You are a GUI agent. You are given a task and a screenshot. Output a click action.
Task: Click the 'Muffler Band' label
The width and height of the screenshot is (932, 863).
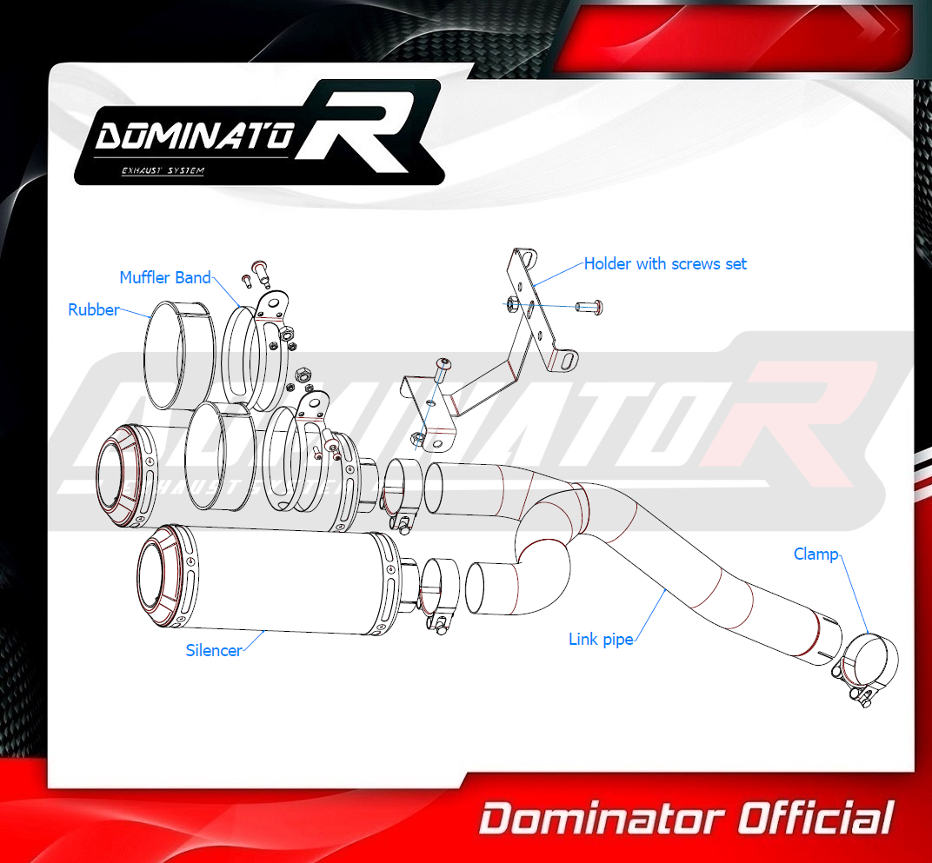coord(165,277)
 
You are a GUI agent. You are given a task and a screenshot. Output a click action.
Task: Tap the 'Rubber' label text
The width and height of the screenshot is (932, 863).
coord(93,309)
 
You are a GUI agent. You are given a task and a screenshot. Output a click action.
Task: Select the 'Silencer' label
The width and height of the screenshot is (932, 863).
coord(214,650)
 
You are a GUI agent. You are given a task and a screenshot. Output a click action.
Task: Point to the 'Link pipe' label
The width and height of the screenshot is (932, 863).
coord(601,640)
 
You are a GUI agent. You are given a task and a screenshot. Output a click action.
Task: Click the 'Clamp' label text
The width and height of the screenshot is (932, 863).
coord(816,554)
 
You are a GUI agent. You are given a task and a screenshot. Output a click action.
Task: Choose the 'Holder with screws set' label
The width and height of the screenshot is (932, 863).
coord(665,264)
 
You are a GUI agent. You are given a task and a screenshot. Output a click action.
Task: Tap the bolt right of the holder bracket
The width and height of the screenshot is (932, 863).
coord(589,307)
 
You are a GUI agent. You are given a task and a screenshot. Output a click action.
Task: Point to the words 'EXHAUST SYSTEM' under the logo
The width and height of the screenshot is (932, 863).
coord(163,170)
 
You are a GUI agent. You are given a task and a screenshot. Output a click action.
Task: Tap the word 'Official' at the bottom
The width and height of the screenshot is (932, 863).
coord(815,819)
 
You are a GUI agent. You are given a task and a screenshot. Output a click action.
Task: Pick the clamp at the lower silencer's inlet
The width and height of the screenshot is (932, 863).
coord(438,592)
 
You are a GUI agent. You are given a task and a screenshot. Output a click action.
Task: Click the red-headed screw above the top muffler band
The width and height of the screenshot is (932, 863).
coord(260,273)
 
